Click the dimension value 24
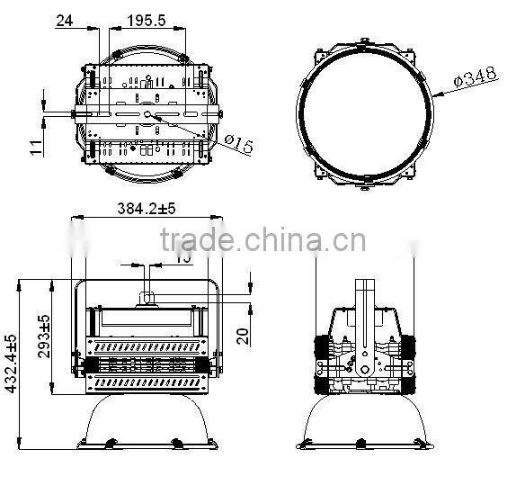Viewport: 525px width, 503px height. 64,20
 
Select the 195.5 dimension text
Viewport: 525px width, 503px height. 145,20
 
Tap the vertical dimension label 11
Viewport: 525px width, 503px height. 35,146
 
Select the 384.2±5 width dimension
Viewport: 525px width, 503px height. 146,208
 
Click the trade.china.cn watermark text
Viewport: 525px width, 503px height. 262,242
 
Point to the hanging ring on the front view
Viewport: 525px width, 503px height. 147,300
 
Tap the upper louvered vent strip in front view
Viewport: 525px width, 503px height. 147,346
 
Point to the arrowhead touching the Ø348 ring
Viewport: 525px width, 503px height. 433,94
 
